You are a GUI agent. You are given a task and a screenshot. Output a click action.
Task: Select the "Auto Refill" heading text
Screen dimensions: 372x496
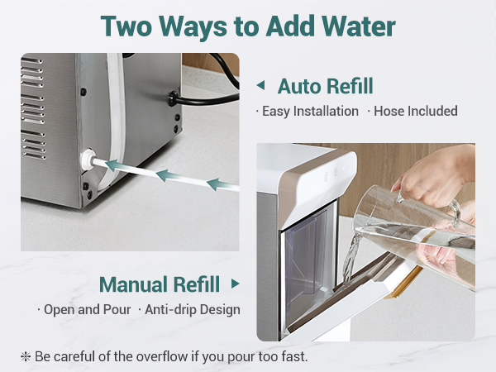pos(325,86)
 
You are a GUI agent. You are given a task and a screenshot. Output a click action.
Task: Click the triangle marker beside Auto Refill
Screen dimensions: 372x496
pos(260,85)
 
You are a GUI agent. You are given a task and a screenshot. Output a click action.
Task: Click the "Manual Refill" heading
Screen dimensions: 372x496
pos(160,284)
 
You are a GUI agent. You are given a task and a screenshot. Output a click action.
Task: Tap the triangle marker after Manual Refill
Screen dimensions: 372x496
pos(235,284)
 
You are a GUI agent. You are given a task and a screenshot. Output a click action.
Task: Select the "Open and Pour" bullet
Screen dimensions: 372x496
pos(83,310)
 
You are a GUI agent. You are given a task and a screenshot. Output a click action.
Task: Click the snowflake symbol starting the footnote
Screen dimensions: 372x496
pos(26,355)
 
